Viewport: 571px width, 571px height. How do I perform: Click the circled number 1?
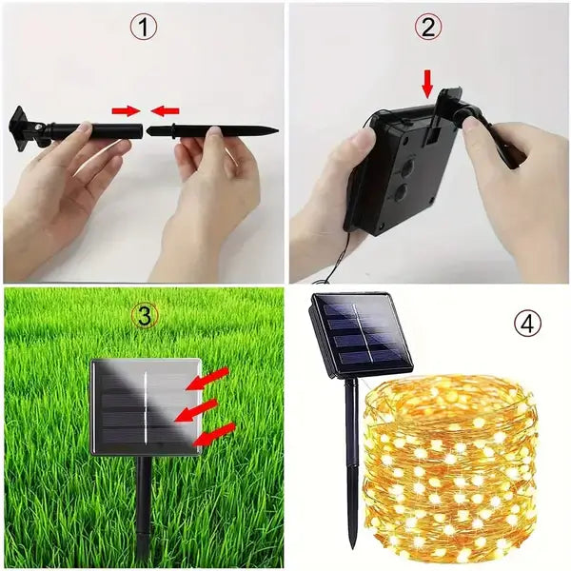144,29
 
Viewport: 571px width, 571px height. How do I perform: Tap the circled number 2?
427,29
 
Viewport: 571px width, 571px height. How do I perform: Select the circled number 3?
145,317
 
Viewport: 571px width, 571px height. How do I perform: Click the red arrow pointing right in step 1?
125,110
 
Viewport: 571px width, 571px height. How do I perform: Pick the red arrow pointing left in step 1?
163,110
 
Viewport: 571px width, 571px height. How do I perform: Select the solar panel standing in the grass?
145,407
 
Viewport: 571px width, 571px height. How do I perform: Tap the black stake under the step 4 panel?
350,457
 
